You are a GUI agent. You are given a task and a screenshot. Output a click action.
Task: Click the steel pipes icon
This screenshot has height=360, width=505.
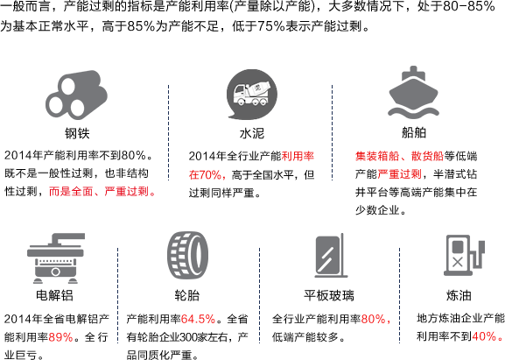76,95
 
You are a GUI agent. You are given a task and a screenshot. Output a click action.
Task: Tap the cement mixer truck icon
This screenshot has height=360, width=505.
251,95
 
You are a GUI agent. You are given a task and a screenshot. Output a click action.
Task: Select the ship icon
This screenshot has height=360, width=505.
413,91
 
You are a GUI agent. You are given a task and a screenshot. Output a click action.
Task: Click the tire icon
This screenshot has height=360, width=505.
187,255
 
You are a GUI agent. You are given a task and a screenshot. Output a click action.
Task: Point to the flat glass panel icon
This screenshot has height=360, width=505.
331,255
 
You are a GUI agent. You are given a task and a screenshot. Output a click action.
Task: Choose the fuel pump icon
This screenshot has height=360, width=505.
464,255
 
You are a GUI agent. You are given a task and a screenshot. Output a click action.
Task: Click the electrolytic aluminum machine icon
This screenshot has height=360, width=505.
56,258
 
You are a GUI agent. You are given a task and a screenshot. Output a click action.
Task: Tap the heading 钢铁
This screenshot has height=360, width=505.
77,133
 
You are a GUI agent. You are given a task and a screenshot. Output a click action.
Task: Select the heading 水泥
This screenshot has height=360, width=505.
252,133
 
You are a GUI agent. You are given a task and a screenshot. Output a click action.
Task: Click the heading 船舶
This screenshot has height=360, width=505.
414,132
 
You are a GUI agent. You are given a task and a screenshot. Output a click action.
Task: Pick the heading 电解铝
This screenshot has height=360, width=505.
55,295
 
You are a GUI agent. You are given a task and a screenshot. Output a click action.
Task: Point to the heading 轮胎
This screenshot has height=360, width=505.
187,295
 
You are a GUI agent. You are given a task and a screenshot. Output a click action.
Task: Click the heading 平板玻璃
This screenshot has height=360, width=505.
329,295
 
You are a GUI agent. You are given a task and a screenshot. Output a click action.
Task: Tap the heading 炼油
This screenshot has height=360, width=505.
459,295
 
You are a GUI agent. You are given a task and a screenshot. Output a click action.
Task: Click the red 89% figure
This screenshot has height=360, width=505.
61,337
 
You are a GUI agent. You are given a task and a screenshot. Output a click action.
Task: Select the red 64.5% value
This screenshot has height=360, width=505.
198,319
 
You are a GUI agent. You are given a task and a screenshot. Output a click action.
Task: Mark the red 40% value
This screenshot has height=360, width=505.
484,337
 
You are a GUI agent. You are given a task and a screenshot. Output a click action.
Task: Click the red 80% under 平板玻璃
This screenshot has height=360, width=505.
374,319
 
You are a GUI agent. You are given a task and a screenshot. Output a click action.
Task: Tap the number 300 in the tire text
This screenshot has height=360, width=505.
189,337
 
